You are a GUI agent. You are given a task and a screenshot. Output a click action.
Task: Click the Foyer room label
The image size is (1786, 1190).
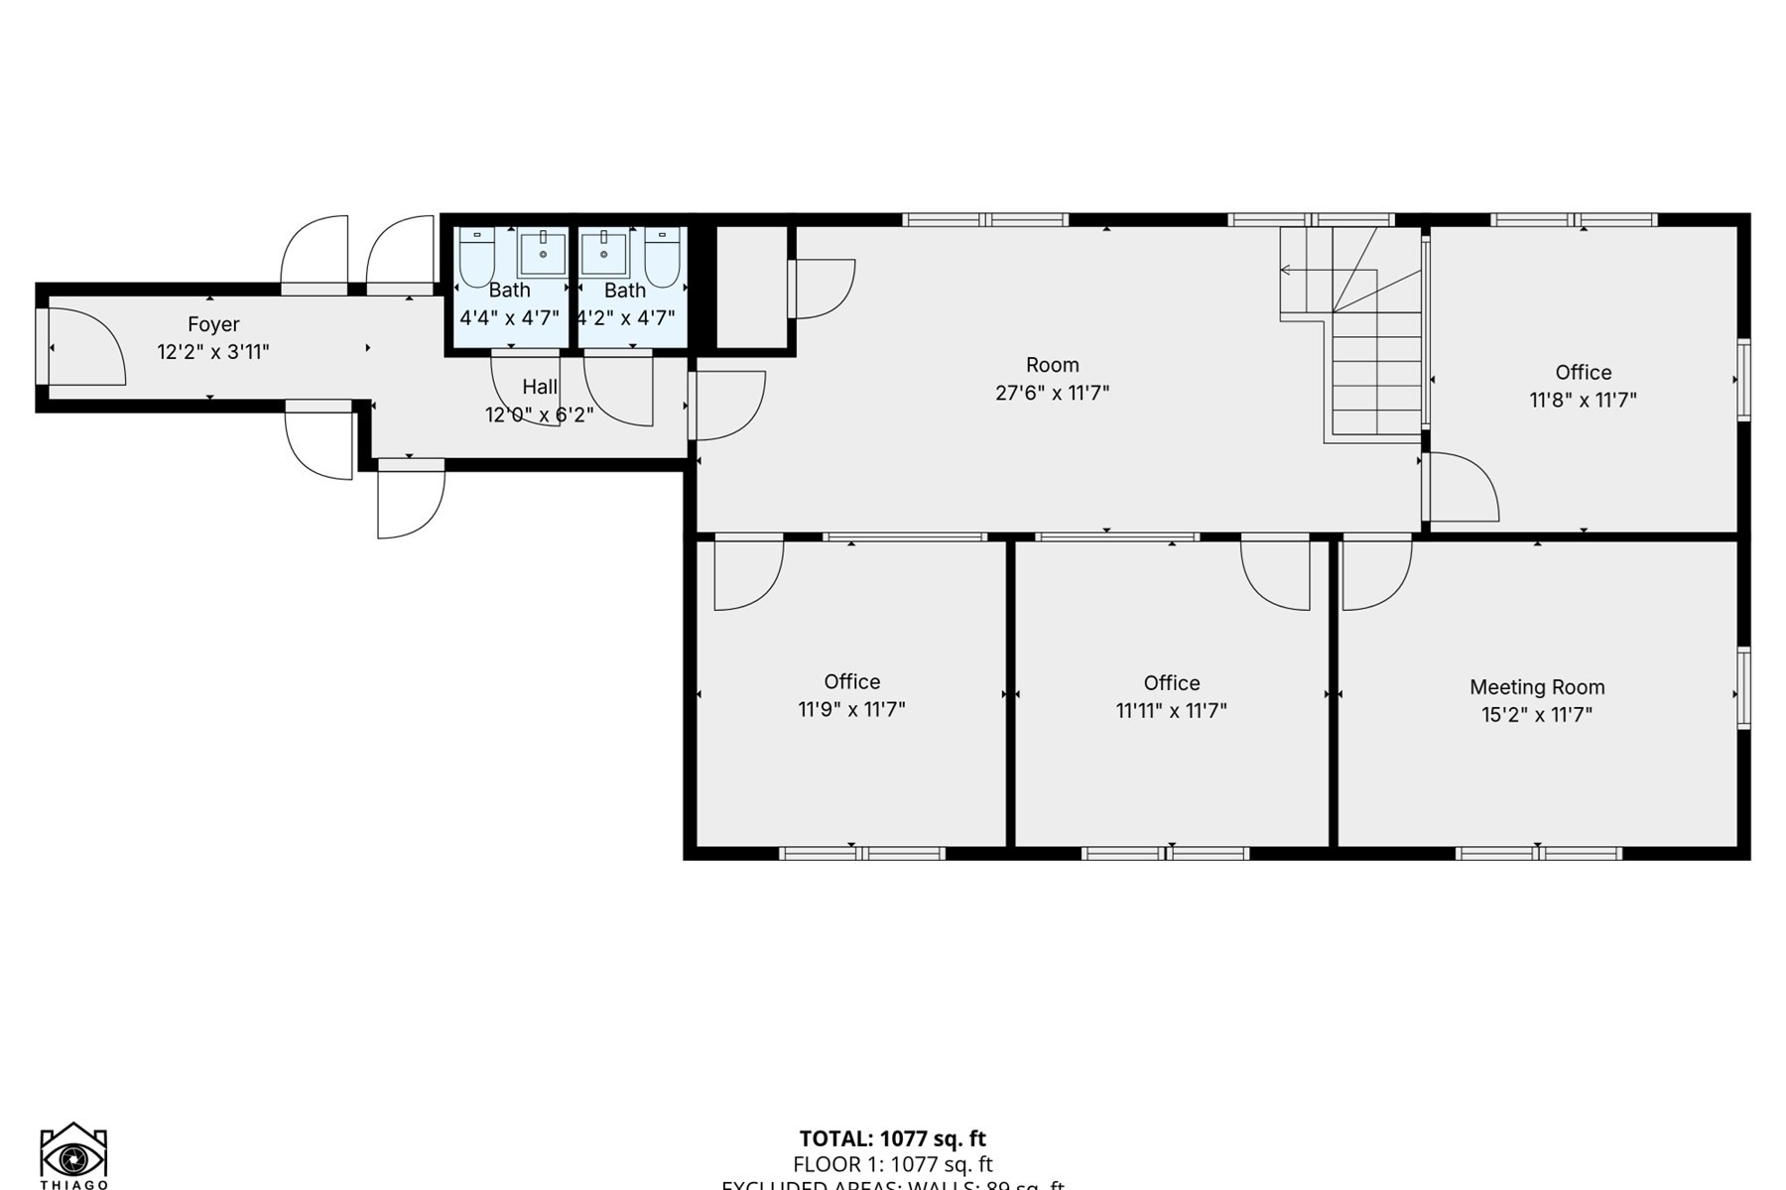coord(213,324)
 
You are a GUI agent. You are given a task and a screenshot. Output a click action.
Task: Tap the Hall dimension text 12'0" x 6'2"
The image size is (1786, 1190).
coord(539,415)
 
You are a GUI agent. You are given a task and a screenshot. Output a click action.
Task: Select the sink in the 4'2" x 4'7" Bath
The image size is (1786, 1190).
coord(603,254)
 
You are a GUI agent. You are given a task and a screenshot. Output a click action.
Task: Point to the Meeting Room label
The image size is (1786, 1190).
coord(1537,687)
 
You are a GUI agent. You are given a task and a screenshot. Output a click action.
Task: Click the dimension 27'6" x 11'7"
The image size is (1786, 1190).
coord(1052,393)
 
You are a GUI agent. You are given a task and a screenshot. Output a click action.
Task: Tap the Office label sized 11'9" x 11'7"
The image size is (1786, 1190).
coord(851,682)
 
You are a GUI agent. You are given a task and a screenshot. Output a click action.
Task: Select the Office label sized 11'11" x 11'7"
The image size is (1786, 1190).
coord(1171,683)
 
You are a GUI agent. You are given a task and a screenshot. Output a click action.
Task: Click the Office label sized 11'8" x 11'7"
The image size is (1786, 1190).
coord(1583,373)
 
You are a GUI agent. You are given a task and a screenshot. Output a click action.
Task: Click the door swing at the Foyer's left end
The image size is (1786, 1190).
coord(87,347)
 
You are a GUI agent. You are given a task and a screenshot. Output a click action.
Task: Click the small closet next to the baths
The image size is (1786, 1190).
coord(751,288)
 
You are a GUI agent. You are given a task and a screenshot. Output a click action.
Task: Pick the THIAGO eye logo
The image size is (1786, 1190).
coord(73,1156)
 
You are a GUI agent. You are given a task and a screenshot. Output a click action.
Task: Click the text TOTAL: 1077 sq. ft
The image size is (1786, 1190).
coord(892,1138)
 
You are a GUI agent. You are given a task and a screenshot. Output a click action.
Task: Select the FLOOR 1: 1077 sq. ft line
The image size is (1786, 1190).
coord(892,1164)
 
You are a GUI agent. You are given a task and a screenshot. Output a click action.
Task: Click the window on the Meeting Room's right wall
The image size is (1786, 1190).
coord(1743,688)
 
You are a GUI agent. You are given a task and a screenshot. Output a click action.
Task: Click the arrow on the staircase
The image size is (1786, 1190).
coord(1286,270)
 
